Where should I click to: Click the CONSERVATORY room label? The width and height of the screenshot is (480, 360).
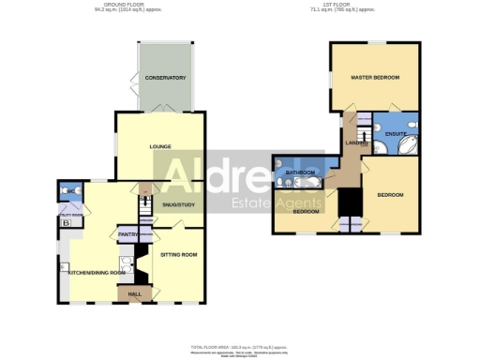tap(165, 78)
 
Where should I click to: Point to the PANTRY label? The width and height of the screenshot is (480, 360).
tap(127, 233)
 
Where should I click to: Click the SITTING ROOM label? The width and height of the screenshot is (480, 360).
tap(176, 254)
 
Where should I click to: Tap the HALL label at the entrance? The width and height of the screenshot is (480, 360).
tap(134, 295)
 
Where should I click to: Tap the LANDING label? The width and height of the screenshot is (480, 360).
tap(355, 142)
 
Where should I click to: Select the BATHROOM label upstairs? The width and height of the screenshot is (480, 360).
tap(300, 172)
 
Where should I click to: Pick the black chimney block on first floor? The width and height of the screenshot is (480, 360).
tap(350, 202)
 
